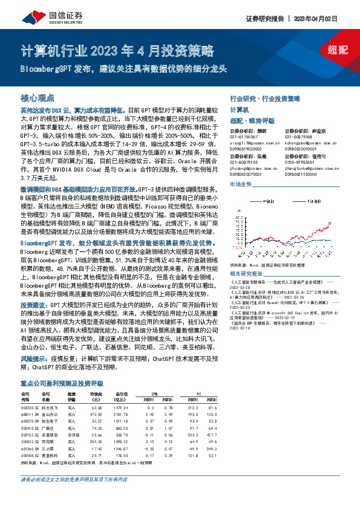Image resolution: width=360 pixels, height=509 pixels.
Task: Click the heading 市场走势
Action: [241, 184]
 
